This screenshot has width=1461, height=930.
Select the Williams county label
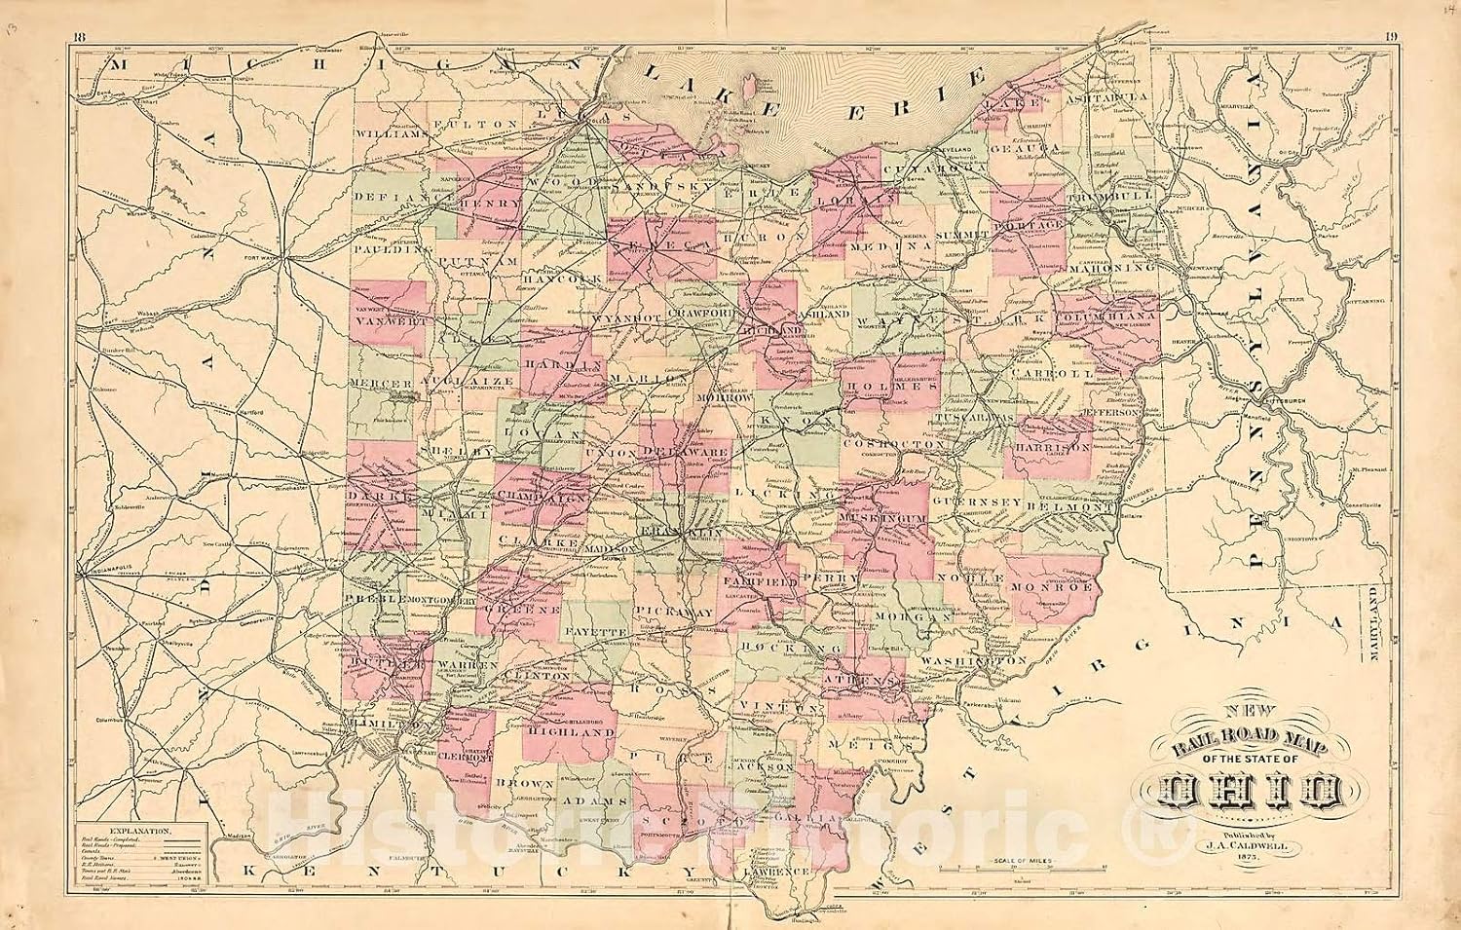[392, 135]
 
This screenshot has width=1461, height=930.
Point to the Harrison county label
[1051, 447]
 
